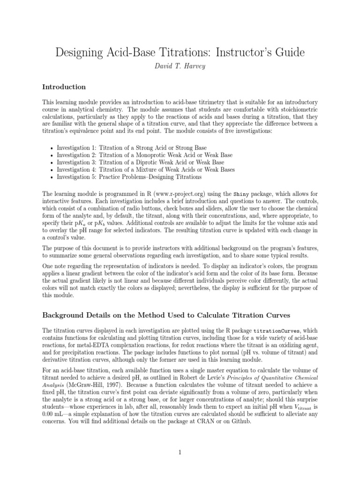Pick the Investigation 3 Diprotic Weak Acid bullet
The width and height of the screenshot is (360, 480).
(134, 162)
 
